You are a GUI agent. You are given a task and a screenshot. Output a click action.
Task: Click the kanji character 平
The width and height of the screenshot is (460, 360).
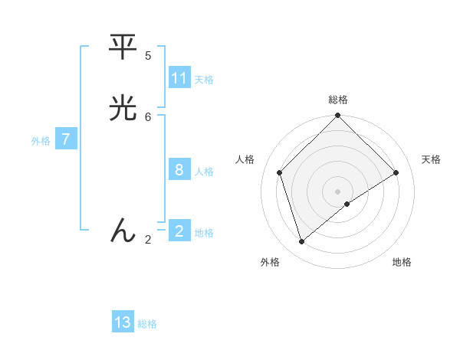123,48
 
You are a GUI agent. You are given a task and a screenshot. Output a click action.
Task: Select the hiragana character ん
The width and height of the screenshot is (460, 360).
123,231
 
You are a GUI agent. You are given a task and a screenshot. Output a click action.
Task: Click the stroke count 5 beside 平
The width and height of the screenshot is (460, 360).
148,55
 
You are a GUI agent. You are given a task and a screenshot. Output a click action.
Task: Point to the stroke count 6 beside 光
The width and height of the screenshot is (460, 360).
148,116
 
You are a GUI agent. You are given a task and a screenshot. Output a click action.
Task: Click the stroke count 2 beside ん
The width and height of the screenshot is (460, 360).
148,239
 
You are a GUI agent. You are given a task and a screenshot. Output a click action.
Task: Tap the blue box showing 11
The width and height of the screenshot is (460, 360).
179,78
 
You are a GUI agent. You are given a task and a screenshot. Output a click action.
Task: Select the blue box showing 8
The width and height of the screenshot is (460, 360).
179,169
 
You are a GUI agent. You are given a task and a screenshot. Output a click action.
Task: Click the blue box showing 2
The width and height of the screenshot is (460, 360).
179,231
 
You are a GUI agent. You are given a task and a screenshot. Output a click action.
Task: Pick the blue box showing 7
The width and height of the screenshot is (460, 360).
66,139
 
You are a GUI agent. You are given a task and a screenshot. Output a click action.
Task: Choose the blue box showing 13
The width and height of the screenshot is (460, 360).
123,322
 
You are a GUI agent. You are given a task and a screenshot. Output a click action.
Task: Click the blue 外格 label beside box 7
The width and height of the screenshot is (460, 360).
41,141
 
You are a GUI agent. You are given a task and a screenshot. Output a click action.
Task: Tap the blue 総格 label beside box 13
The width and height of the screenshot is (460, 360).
147,324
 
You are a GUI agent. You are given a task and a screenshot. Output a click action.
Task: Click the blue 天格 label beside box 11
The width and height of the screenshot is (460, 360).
204,80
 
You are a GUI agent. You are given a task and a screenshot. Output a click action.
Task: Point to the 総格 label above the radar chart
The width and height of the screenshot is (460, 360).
338,100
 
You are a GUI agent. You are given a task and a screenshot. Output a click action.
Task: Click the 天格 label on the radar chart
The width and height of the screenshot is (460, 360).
431,159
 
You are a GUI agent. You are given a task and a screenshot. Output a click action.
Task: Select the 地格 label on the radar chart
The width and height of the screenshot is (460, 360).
402,262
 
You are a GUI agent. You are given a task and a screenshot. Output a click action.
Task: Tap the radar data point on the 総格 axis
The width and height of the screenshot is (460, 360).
338,116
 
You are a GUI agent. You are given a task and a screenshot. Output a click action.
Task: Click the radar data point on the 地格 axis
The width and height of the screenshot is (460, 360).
347,204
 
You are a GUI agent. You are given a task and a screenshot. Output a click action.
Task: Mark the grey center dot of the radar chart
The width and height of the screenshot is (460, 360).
338,191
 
